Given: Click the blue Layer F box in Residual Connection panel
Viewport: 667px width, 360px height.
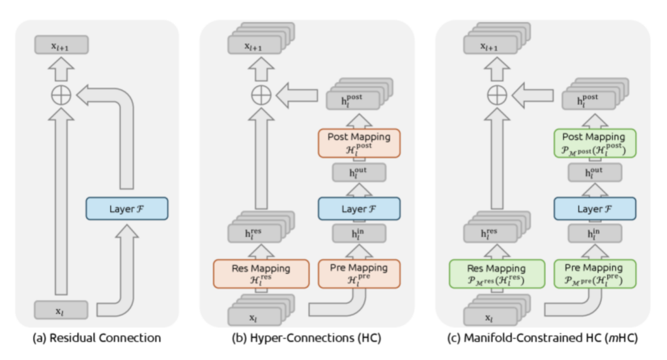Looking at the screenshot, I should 127,208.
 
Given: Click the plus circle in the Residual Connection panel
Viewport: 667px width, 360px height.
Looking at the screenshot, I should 61,96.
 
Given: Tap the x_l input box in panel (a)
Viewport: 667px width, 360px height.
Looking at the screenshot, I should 61,311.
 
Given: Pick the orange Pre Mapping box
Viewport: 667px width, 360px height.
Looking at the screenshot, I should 360,273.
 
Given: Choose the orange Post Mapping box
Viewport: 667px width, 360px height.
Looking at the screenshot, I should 360,143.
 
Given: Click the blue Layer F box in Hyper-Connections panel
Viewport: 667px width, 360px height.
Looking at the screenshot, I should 360,208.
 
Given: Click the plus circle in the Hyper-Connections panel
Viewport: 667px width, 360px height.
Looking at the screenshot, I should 261,96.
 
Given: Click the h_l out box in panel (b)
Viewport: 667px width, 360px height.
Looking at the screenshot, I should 360,173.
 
